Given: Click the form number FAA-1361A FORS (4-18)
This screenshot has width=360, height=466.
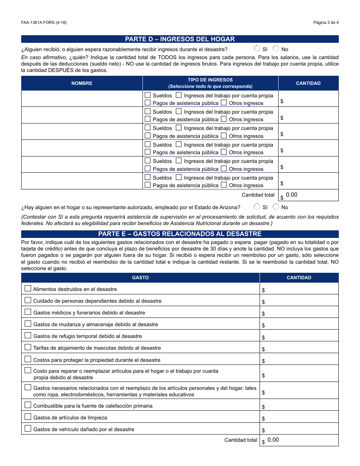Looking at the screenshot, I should pos(44,22).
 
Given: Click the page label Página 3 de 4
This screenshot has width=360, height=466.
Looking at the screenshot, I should pos(326,22).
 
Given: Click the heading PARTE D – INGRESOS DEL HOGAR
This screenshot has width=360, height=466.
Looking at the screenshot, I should pos(180,39).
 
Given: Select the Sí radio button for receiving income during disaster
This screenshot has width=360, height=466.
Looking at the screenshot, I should pos(257,48).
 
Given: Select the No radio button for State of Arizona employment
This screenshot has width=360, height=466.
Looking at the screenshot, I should pos(276,207).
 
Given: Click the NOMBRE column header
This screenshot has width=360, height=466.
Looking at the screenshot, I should pos(82,83).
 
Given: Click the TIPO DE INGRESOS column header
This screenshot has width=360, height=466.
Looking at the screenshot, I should pos(210,83).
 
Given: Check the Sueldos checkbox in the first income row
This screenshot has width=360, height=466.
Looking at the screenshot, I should pos(148,95).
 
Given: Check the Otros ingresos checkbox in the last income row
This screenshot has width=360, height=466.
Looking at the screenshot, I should pos(224,185).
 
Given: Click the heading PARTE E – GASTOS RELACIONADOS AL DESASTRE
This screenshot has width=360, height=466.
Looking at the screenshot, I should pos(180,234).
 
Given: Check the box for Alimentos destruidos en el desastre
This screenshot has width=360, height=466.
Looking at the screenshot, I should pos(28,289).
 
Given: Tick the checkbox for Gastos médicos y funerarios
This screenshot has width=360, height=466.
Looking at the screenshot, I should pos(28,312).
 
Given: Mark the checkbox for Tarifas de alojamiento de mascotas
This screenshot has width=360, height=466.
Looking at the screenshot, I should pos(28,347).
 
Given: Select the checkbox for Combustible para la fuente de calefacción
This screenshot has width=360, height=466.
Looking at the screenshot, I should pos(28,405).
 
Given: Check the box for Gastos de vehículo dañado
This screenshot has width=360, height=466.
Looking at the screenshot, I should pos(28,429).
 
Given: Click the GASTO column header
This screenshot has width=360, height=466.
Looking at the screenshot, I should pos(140,278).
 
